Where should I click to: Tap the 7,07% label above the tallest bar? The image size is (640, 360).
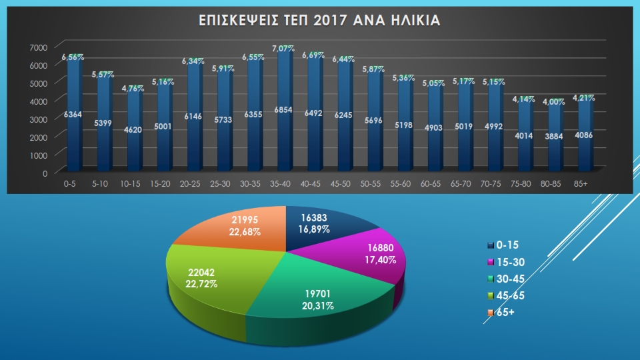point(283,49)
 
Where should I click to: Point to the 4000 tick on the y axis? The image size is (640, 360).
point(39,101)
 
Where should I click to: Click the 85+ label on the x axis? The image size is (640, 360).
point(581,184)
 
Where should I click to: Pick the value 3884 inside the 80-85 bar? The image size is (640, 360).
point(553,136)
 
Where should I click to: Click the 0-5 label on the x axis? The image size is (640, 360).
point(70,184)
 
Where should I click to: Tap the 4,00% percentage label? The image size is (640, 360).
point(553,101)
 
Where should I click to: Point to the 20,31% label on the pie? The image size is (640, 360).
point(318,306)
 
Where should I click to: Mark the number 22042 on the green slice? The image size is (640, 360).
point(201,272)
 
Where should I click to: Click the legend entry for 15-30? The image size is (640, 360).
point(506,262)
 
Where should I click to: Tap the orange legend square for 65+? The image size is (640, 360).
point(491,313)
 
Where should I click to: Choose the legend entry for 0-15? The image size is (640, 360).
point(503,245)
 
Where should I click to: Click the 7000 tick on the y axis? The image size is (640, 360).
point(39,47)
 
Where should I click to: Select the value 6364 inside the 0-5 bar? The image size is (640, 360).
point(73,115)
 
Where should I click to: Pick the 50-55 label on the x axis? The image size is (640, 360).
point(370,184)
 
